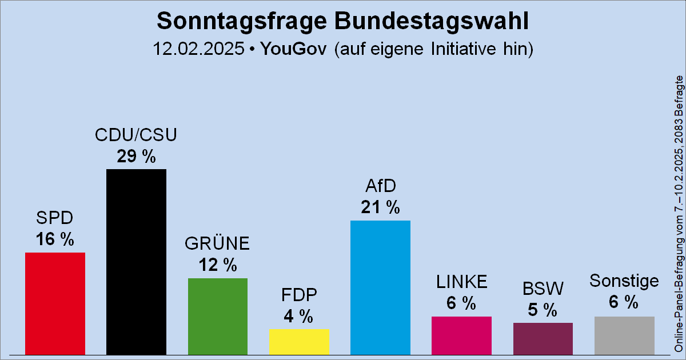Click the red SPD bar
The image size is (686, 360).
(x=55, y=303)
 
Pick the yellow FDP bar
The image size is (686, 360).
(x=299, y=341)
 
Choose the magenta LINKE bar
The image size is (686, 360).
(x=461, y=335)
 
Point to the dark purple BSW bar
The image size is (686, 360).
(x=543, y=338)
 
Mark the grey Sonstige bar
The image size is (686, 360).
(x=624, y=335)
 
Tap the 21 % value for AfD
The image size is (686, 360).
(x=380, y=208)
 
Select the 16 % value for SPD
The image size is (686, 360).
(x=55, y=240)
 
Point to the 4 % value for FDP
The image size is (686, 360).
(x=299, y=316)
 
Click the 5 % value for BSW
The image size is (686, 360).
(x=543, y=310)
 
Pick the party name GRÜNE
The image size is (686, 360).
(x=217, y=244)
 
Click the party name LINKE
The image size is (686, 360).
(x=461, y=282)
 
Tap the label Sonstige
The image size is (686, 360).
(x=624, y=281)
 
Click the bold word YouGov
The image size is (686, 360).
(x=293, y=49)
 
